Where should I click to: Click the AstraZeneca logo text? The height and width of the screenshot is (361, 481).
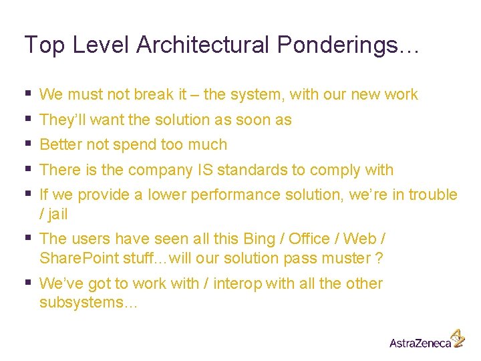tap(420, 343)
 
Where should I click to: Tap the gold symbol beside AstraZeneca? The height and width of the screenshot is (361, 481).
tap(457, 338)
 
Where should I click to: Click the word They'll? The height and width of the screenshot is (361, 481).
tap(61, 120)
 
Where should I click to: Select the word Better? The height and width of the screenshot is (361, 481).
tap(61, 145)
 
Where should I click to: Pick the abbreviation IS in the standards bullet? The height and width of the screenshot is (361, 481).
tap(205, 170)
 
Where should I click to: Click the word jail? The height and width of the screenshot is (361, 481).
tap(57, 215)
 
